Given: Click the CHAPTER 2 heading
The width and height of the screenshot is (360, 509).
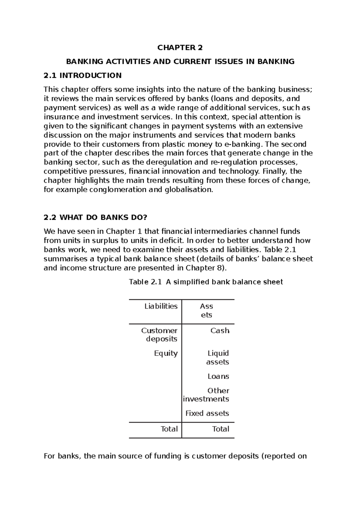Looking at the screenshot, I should point(180,48).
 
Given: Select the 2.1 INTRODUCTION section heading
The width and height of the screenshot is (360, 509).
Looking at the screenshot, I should point(82,75).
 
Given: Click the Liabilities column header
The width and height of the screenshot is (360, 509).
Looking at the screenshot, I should point(161,306).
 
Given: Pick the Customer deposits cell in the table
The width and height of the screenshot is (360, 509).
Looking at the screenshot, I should point(159,335).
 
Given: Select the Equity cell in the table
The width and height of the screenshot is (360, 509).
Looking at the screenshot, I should point(166,353).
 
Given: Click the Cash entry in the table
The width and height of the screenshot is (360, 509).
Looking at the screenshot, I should point(220,331).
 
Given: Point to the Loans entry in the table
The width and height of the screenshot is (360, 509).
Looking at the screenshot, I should point(218,377).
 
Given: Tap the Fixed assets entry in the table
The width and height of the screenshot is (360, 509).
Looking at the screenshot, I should point(207,414).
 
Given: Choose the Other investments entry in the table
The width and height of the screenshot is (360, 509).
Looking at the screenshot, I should point(206,395).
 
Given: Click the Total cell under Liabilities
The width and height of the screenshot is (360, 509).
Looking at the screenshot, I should point(169,429).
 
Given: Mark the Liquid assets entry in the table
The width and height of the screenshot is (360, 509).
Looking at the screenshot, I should point(218,358).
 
